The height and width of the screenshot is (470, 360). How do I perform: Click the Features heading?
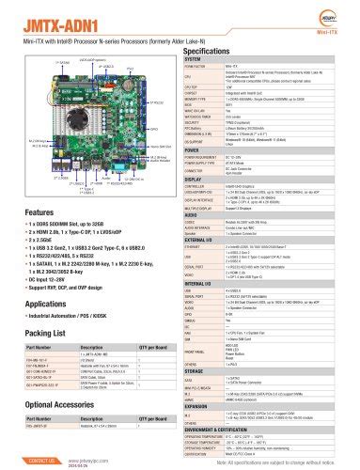[x=39, y=213]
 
